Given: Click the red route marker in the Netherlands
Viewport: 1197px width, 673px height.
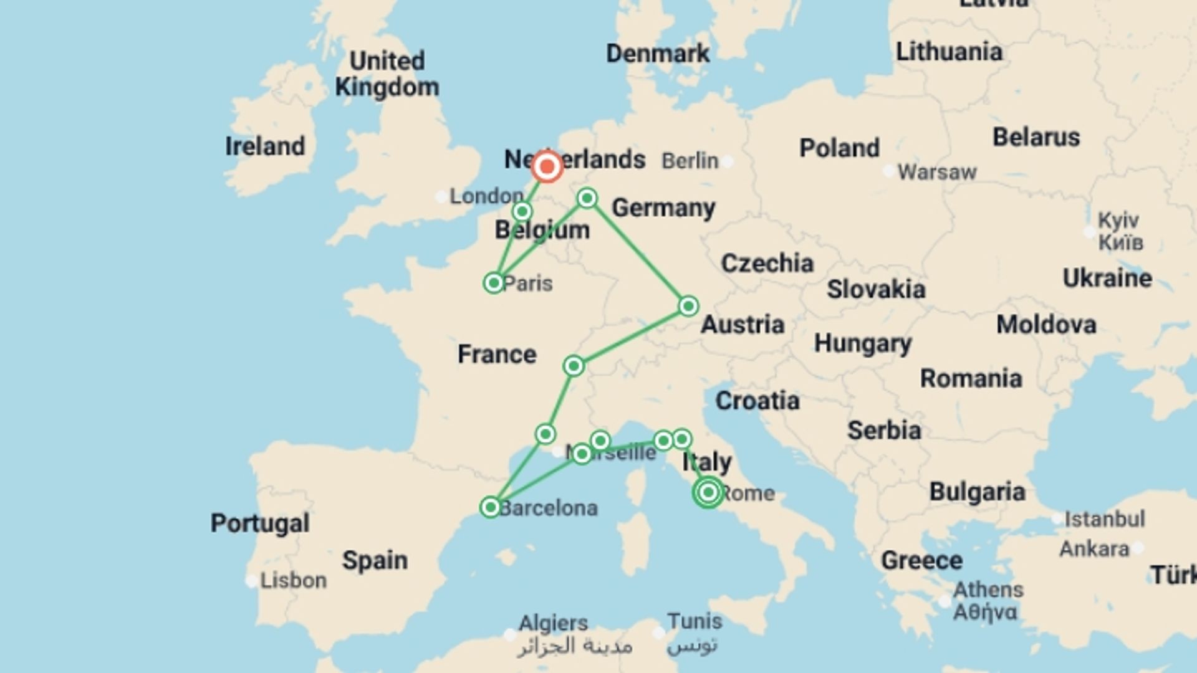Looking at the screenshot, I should tap(547, 166).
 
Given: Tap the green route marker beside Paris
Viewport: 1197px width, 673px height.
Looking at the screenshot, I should tap(494, 283).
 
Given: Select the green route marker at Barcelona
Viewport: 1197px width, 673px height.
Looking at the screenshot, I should tap(491, 507).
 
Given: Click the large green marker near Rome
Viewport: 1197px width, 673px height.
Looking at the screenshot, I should tap(708, 492).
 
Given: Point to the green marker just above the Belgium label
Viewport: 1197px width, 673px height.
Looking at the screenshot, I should tap(522, 211).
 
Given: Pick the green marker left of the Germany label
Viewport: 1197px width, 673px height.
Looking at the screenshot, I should tap(587, 198).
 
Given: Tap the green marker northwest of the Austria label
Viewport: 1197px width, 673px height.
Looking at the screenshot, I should tap(688, 306).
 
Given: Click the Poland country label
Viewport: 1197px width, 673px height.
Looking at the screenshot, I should tap(839, 148).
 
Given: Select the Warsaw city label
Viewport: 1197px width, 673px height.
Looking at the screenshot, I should tap(936, 172).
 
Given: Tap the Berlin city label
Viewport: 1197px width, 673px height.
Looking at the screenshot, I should tap(690, 161).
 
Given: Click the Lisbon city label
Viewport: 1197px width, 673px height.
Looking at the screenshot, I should tap(293, 580).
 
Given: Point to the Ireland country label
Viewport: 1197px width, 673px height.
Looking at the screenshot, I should tap(265, 146).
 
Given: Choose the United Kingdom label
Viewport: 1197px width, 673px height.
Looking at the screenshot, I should tap(387, 74).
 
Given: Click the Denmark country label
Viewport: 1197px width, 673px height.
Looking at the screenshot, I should tap(658, 54).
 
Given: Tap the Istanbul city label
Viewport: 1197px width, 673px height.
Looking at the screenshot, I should tap(1104, 518).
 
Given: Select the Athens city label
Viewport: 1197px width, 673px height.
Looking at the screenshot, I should tap(988, 589).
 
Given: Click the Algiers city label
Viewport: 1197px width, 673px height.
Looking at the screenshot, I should tap(554, 623).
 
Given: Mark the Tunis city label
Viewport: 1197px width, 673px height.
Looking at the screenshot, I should tap(695, 621).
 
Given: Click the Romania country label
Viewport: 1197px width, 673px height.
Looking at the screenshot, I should tap(971, 378).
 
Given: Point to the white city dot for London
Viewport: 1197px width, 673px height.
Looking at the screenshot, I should tap(441, 197).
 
